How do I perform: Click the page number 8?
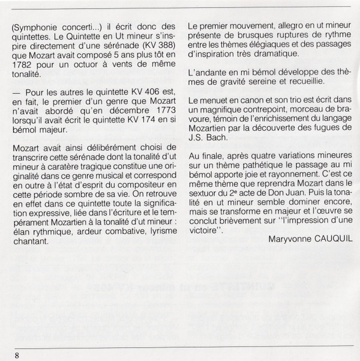[x=17, y=354]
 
